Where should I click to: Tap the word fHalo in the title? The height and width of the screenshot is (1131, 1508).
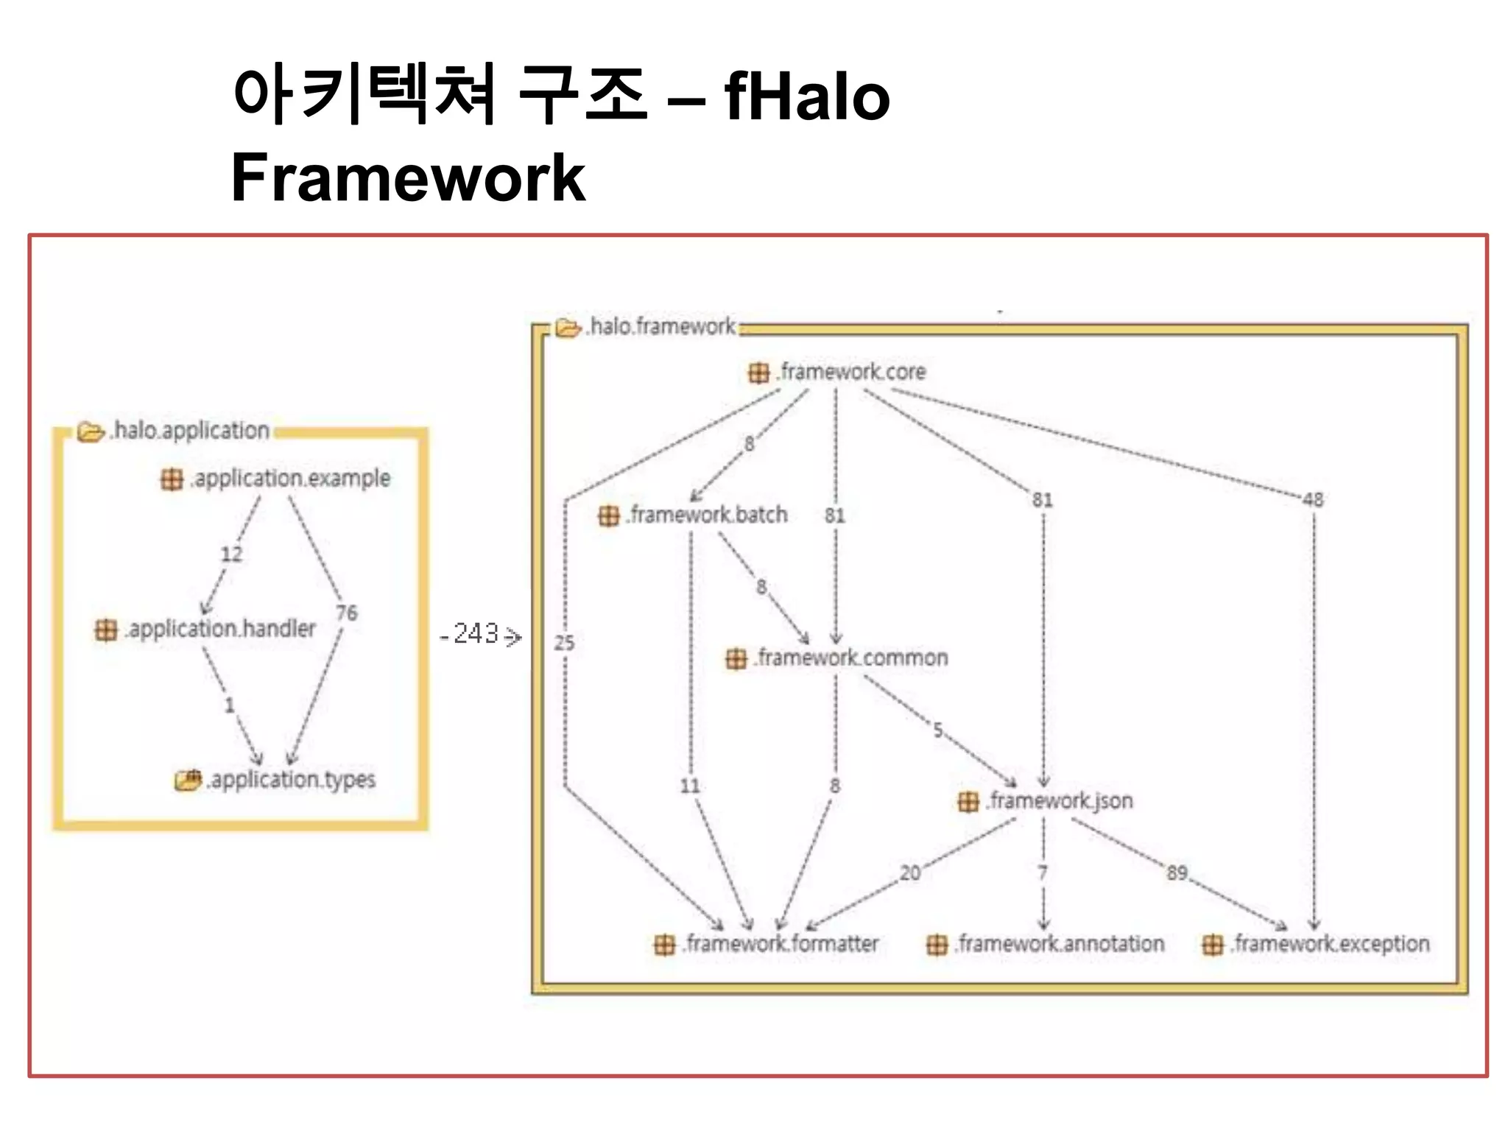tap(808, 96)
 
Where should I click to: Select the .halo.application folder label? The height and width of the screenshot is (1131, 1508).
tap(190, 430)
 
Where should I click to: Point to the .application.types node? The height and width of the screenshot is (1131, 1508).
tap(292, 779)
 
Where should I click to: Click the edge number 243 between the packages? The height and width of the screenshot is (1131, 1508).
tap(476, 634)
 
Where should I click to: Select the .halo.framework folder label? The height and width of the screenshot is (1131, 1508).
tap(662, 326)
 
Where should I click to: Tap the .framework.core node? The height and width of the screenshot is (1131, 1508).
tap(851, 372)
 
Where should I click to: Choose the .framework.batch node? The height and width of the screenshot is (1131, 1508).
tap(707, 515)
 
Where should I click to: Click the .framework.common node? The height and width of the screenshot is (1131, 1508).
tap(851, 658)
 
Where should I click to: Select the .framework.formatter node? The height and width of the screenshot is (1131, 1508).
tap(781, 944)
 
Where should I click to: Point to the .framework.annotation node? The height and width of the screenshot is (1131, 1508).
tap(1060, 944)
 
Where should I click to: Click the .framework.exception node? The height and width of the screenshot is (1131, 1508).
tap(1330, 944)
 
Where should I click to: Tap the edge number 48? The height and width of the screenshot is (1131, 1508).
tap(1313, 500)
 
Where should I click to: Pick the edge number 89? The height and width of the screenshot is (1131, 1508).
tap(1177, 873)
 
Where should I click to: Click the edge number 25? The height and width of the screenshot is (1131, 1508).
tap(564, 643)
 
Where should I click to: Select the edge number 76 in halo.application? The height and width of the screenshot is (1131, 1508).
tap(346, 613)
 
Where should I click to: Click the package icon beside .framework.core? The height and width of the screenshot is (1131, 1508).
tap(758, 373)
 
